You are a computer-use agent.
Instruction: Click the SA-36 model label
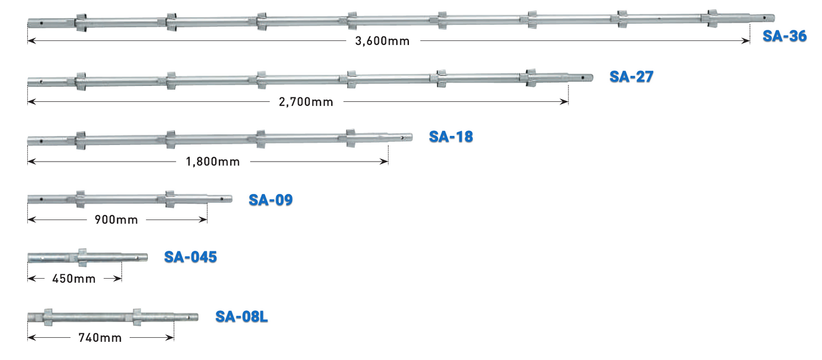click(784, 36)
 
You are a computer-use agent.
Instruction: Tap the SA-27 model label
click(631, 77)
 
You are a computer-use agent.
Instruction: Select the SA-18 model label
click(451, 136)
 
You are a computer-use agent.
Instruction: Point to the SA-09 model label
click(271, 200)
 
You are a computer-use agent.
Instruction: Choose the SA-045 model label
click(191, 257)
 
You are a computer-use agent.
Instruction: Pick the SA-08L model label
click(241, 316)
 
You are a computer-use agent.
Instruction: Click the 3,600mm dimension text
click(382, 41)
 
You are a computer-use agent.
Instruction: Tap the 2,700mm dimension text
click(306, 102)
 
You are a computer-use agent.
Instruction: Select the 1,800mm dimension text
click(213, 162)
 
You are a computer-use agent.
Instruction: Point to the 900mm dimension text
click(116, 220)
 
